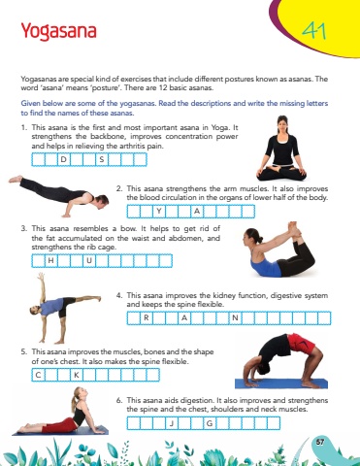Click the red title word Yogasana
point(58,32)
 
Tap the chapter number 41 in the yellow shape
point(314,31)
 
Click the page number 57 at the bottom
point(320,442)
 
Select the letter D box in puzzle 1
point(64,159)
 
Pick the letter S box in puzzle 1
point(102,159)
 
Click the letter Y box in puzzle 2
point(159,212)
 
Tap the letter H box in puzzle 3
point(50,261)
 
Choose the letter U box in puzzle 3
point(89,261)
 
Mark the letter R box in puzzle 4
point(147,318)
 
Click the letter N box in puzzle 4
point(235,318)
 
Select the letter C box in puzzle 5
point(38,375)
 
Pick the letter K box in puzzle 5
point(77,375)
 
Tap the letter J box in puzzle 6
point(172,423)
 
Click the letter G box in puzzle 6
point(210,423)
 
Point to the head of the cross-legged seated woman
point(282,124)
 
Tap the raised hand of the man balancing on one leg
point(41,277)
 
